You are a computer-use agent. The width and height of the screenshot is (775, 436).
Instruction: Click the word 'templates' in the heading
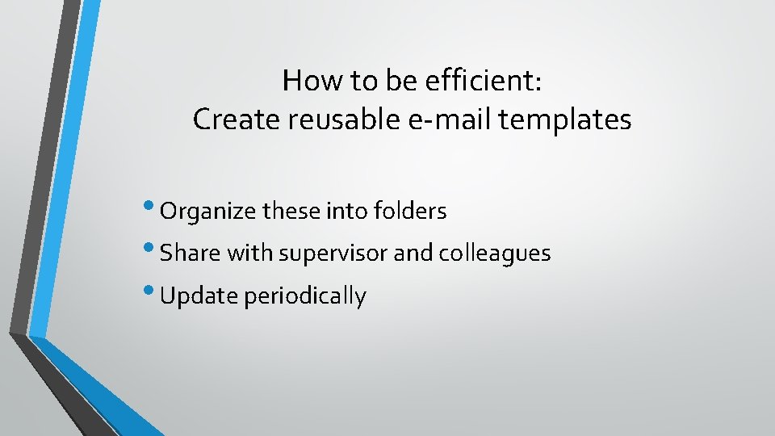(565, 120)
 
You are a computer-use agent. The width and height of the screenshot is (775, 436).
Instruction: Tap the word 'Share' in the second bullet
(191, 254)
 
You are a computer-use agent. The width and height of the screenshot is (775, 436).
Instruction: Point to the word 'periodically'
(304, 296)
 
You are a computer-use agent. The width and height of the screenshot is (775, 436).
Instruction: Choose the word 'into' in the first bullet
(345, 212)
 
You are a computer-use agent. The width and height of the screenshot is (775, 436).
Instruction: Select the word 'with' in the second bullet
(250, 254)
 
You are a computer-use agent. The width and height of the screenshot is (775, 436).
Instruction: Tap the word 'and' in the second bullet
(413, 254)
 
